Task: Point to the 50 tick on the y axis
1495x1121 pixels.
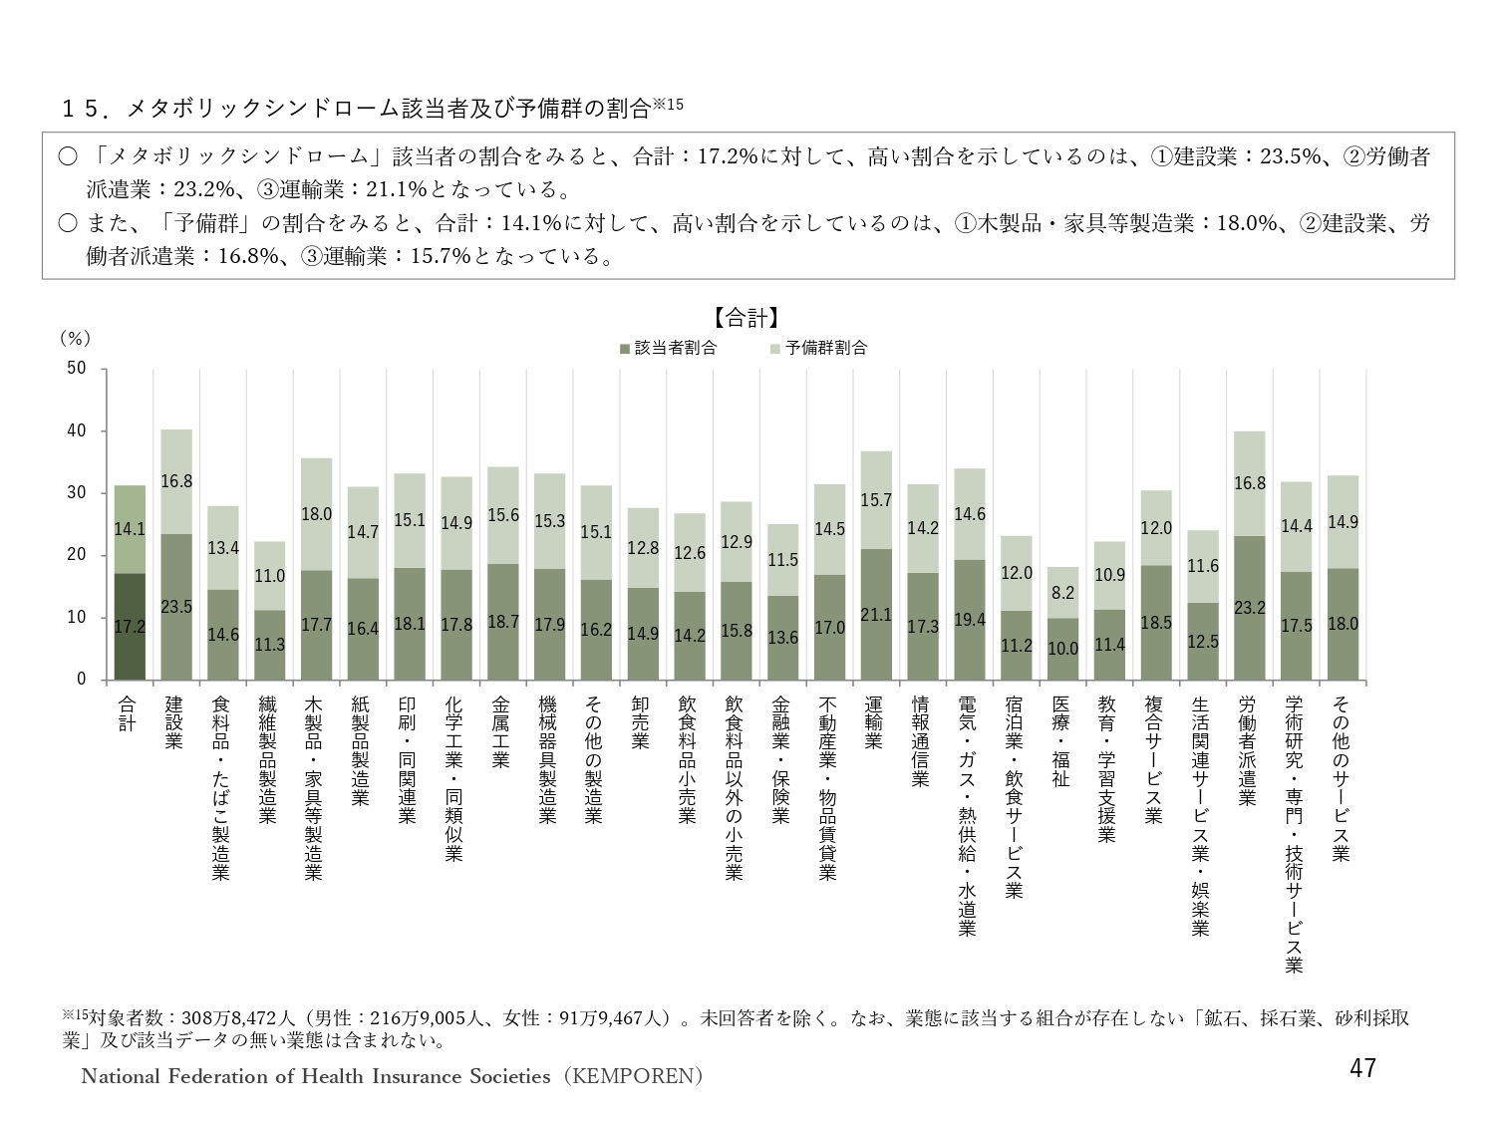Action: pyautogui.click(x=76, y=369)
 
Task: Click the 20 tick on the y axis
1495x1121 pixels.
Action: pyautogui.click(x=76, y=555)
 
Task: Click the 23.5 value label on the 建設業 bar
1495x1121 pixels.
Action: pyautogui.click(x=175, y=606)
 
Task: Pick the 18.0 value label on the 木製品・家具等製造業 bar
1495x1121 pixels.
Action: pyautogui.click(x=316, y=514)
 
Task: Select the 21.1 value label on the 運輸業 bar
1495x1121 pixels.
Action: pyautogui.click(x=875, y=615)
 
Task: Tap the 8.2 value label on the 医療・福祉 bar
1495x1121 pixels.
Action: pyautogui.click(x=1062, y=592)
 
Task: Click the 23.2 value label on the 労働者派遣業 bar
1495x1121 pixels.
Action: pyautogui.click(x=1250, y=606)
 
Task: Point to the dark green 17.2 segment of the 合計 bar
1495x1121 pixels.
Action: pyautogui.click(x=130, y=626)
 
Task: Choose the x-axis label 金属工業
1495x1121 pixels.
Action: pyautogui.click(x=501, y=732)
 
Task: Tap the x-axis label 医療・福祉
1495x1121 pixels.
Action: pyautogui.click(x=1060, y=741)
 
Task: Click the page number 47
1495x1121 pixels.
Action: pyautogui.click(x=1361, y=1068)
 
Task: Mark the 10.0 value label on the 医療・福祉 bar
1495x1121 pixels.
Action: pyautogui.click(x=1062, y=648)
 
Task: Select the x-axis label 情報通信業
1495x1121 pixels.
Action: pyautogui.click(x=920, y=741)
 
